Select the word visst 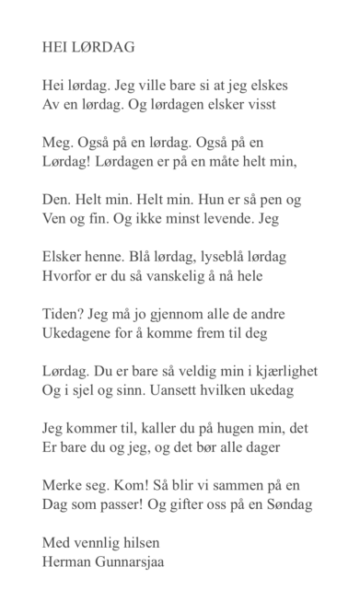[x=259, y=104]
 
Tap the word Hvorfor [x=70, y=277]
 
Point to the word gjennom [x=166, y=315]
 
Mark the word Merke [x=64, y=486]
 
